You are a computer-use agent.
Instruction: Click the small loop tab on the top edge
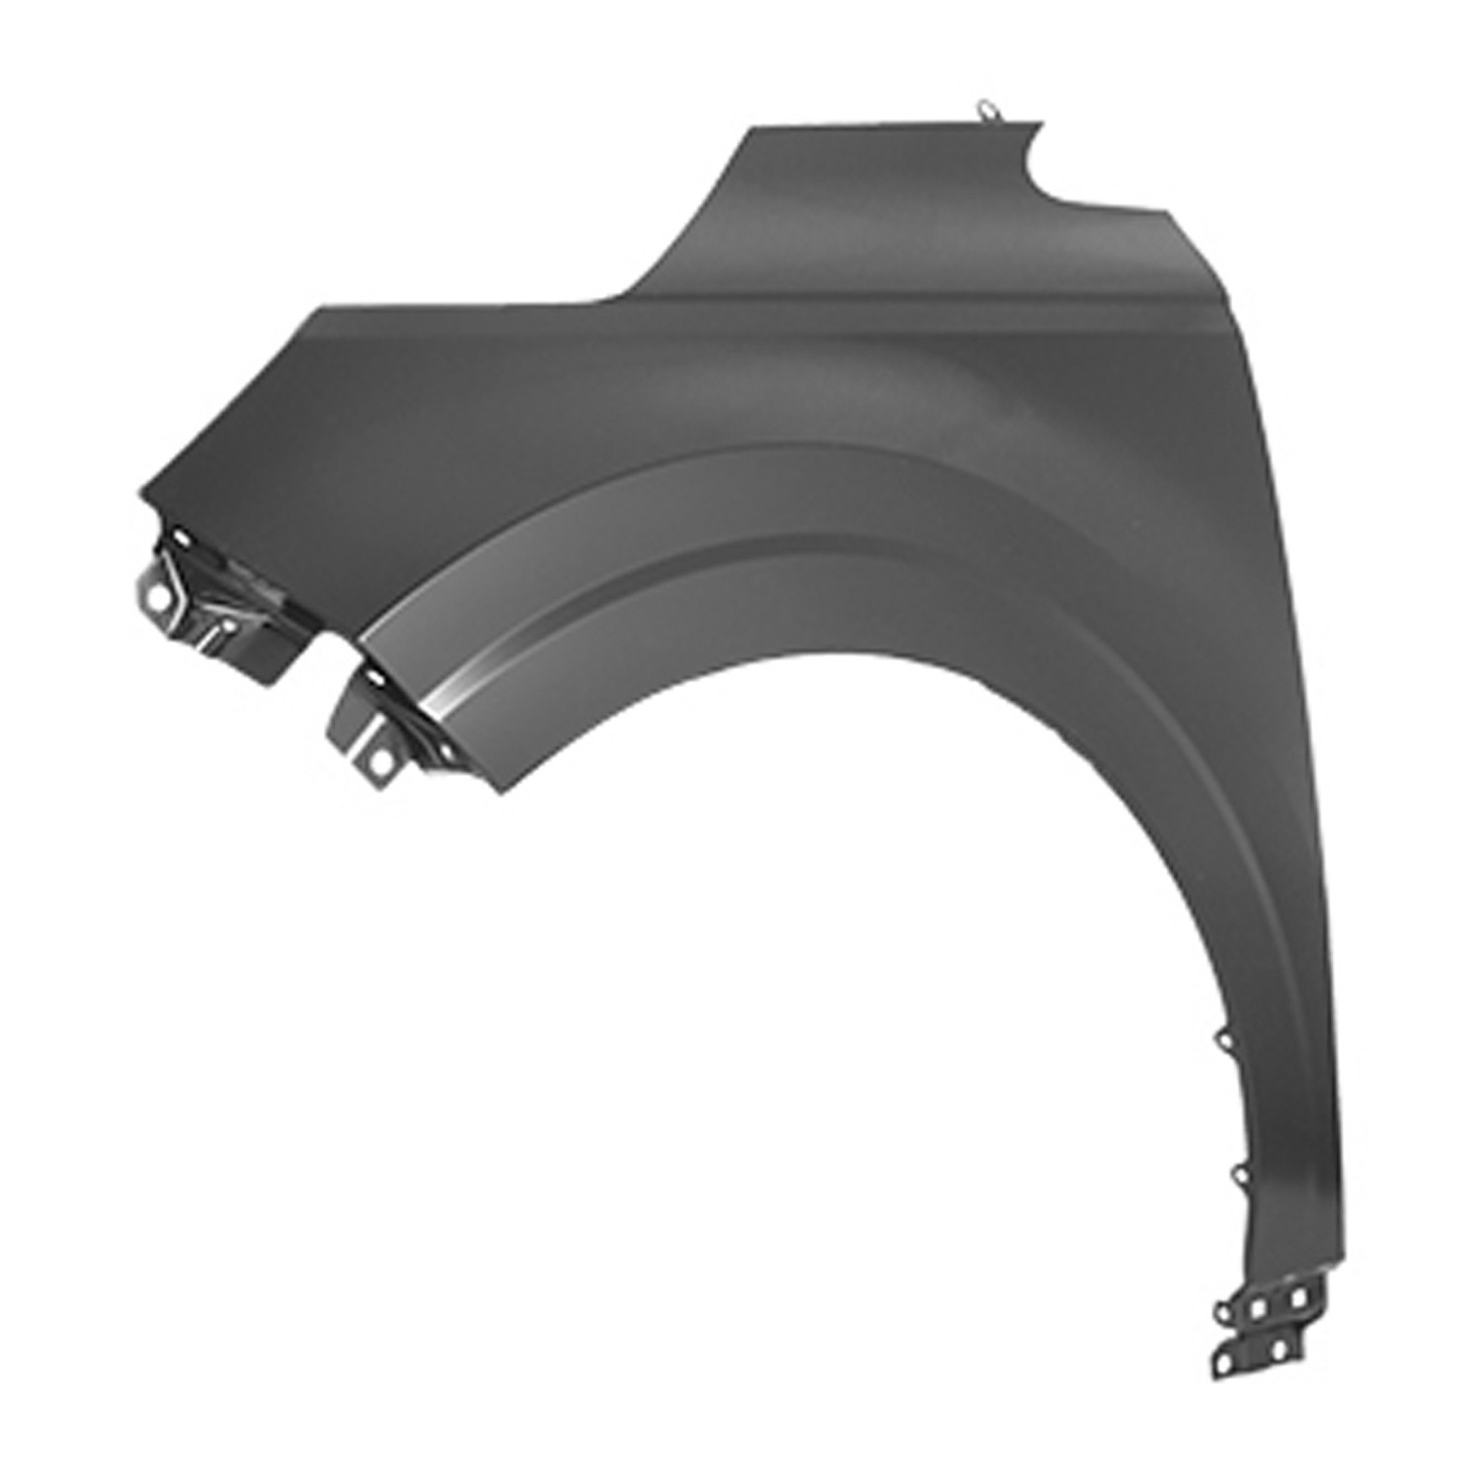click(x=984, y=111)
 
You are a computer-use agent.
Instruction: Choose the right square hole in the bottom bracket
click(x=1297, y=1296)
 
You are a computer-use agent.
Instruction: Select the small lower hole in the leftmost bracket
click(x=229, y=626)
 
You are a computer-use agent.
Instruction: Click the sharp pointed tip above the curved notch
click(x=1043, y=123)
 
